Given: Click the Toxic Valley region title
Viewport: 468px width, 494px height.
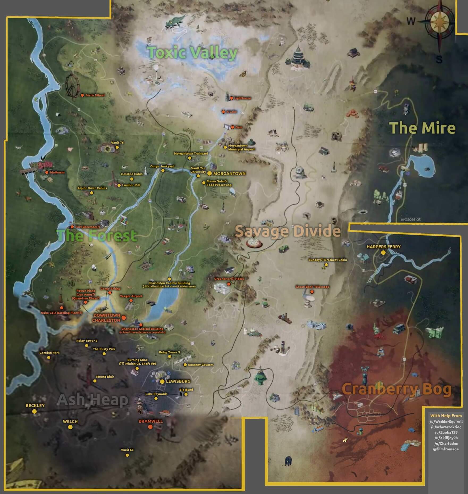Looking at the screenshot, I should [192, 52].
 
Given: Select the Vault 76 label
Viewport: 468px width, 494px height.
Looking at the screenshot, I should [117, 143].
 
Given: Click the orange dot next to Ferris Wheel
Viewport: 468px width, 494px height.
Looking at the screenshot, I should [82, 95].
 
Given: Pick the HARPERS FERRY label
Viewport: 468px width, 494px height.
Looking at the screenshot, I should [383, 247].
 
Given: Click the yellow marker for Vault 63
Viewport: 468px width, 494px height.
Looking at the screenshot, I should [127, 455].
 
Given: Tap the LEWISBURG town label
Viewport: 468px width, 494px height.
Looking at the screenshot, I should [178, 381].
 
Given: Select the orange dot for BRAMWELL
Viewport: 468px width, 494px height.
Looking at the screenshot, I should [150, 427].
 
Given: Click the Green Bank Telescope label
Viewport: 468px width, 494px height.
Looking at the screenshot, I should [312, 287].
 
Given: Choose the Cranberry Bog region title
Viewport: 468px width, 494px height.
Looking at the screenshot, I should [396, 389].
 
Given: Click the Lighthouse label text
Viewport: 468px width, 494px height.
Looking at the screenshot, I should [242, 98].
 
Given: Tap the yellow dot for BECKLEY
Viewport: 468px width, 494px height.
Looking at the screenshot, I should [34, 411].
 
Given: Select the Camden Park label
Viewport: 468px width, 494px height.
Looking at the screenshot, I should [49, 353].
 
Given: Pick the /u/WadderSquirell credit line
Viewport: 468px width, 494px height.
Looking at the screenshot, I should [446, 422].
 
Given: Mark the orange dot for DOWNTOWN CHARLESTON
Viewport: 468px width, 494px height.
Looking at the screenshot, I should [124, 318].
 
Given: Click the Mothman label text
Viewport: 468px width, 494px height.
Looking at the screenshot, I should [57, 172].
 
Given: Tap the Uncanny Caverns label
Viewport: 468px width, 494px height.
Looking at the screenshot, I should [201, 365].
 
